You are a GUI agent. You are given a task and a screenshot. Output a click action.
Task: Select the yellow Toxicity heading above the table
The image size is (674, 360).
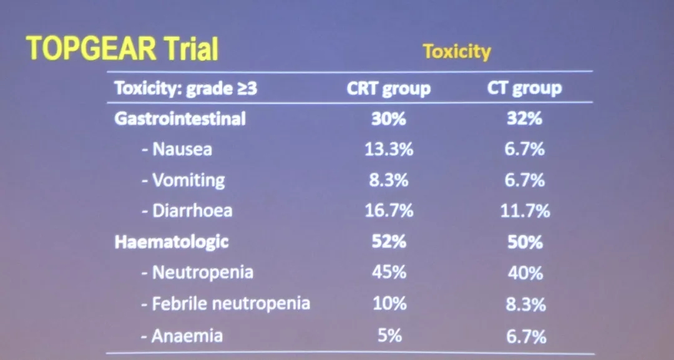(x=457, y=51)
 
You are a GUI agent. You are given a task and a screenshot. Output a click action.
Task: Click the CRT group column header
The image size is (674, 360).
(x=388, y=89)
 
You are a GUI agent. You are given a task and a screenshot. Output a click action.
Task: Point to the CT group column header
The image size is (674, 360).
(x=524, y=89)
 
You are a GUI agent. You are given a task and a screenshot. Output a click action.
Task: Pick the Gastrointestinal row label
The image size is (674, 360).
(x=180, y=119)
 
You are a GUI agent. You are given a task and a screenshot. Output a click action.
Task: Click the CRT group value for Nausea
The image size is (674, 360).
(x=388, y=149)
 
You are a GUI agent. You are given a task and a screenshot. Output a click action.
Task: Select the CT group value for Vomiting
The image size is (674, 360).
(x=524, y=180)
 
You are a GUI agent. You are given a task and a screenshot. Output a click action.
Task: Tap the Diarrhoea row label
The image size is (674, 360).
(x=187, y=210)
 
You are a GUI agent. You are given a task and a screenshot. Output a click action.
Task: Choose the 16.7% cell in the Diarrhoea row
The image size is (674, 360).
(x=388, y=211)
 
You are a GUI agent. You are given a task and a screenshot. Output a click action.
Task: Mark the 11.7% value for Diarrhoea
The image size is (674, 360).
(x=524, y=211)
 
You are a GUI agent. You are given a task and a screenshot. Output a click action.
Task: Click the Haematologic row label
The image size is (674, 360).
(x=171, y=241)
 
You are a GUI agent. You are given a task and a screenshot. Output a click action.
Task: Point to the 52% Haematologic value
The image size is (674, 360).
(x=388, y=241)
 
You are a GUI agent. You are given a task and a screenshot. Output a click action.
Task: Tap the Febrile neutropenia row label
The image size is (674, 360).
(x=225, y=304)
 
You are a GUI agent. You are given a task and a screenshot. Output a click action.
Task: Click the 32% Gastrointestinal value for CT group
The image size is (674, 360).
(x=524, y=119)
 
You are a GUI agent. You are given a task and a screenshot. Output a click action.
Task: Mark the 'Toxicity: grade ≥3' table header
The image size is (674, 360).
(x=185, y=89)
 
